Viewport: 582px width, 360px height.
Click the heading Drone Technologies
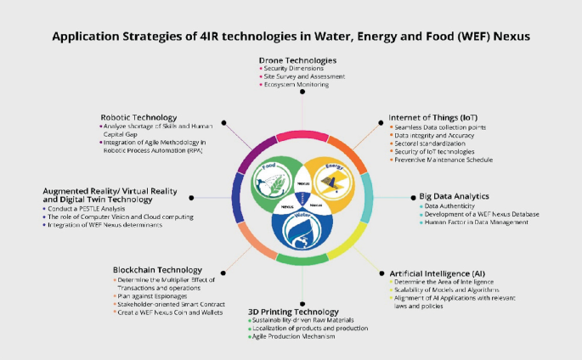297,61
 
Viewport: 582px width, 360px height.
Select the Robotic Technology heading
138,117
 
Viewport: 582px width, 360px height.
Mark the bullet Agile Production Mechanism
292,336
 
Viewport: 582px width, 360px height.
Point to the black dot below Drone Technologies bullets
302,94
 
